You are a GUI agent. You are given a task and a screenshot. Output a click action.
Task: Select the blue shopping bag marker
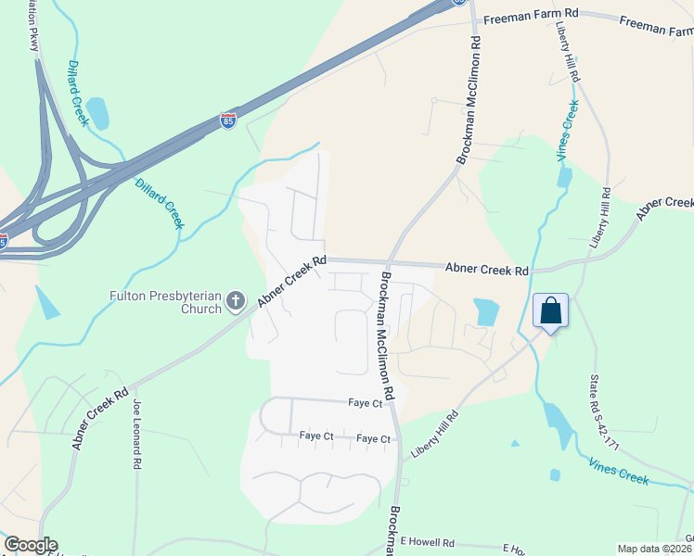pos(550,310)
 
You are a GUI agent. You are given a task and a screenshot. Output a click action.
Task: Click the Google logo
pos(31,545)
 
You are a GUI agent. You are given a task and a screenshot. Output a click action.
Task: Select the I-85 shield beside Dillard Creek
pos(228,120)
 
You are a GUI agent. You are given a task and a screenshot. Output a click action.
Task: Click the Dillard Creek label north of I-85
pos(78,94)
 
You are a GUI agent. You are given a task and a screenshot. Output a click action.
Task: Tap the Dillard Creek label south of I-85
pos(161,204)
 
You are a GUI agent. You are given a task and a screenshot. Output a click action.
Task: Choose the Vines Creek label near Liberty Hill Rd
pos(568,132)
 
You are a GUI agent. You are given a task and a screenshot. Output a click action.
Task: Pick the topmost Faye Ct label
pos(366,404)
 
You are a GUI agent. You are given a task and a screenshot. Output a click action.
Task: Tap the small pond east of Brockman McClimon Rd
pos(485,311)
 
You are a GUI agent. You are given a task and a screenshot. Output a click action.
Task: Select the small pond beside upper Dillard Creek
pos(97,114)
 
